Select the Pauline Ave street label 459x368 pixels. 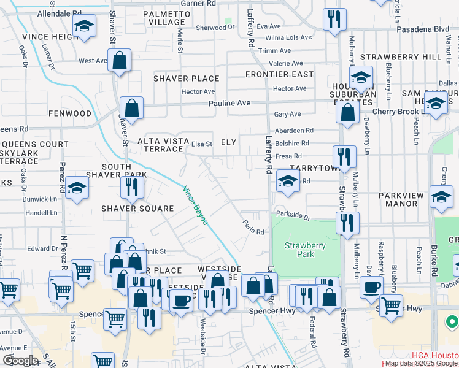pos(229,103)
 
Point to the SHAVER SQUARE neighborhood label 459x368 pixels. pos(138,209)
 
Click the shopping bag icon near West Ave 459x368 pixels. pos(120,60)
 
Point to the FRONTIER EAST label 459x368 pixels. pos(279,74)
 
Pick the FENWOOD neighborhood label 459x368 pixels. pos(71,113)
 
